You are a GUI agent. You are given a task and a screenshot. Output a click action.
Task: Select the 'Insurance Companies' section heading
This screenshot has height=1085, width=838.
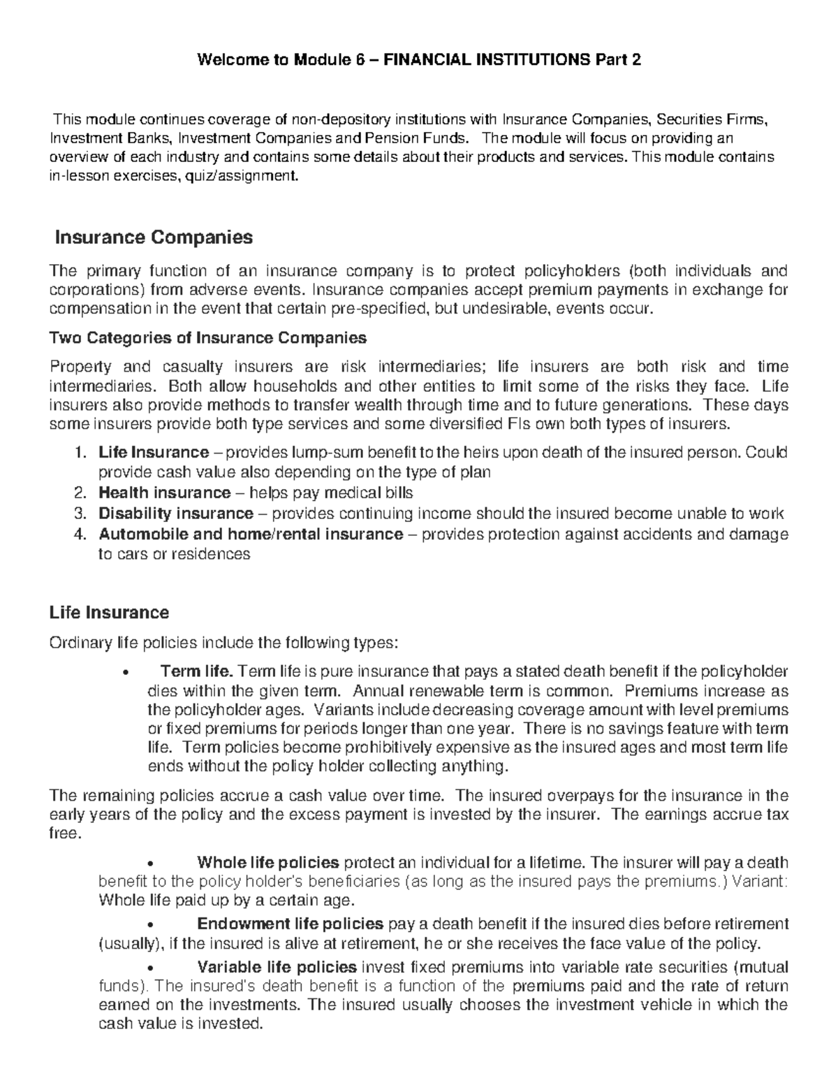pos(154,238)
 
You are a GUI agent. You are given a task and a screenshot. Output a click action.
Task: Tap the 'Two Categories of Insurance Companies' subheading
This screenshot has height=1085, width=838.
pos(207,338)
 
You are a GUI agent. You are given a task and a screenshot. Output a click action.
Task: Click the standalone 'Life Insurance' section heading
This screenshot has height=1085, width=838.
pos(109,613)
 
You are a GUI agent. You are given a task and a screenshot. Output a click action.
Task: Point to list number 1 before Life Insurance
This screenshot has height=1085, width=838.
pos(78,453)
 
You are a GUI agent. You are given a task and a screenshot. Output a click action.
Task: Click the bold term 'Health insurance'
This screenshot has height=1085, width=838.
pos(164,493)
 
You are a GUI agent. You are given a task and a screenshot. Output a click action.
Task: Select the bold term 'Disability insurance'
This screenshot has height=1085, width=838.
pos(175,514)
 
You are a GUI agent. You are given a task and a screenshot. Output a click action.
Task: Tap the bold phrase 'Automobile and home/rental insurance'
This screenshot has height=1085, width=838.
pos(250,534)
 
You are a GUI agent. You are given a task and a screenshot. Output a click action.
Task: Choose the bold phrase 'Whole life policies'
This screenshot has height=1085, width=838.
pos(268,861)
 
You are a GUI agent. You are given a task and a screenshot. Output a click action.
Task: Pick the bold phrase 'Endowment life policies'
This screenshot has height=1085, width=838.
pos(290,924)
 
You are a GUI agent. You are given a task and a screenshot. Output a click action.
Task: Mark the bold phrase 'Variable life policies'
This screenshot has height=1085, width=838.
pos(277,968)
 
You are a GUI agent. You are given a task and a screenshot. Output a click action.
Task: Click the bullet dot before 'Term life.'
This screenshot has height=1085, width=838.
pos(125,673)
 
